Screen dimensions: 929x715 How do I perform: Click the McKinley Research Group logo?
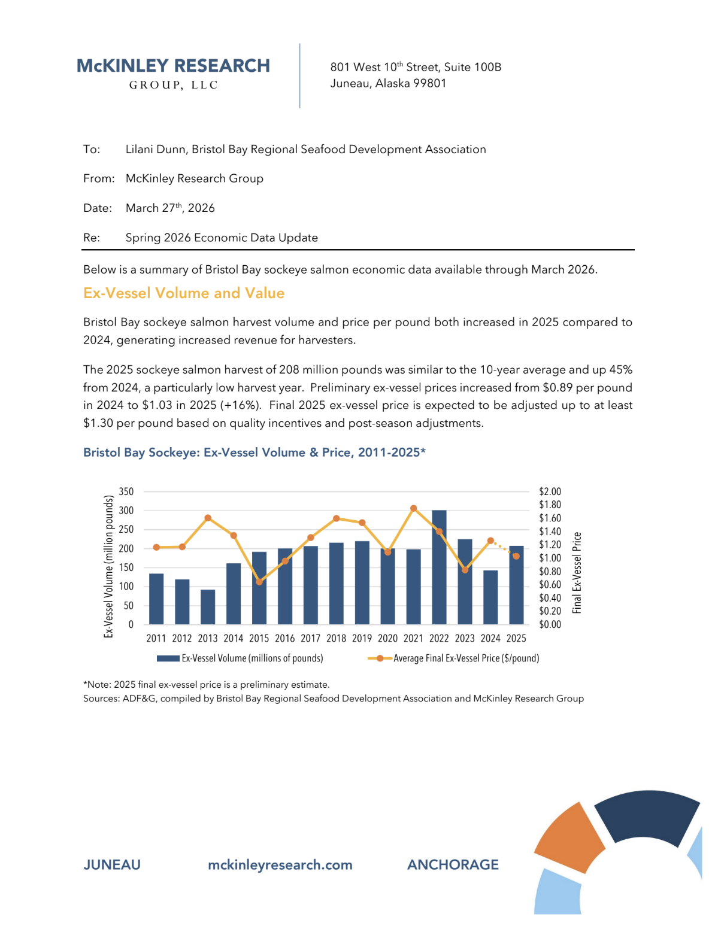pos(173,73)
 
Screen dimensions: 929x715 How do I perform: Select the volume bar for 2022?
pos(439,567)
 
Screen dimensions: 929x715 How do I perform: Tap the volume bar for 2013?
pos(208,607)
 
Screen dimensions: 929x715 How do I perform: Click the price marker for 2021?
pos(414,508)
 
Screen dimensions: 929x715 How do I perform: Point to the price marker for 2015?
pos(259,582)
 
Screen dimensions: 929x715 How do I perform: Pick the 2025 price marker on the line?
pos(516,556)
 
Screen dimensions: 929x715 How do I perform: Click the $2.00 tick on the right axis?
pos(550,491)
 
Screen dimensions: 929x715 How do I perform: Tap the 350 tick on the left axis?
pos(126,491)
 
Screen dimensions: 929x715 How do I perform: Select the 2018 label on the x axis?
pos(336,638)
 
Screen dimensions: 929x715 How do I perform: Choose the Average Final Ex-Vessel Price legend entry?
pos(455,658)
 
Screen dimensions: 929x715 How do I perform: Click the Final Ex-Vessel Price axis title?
pos(577,572)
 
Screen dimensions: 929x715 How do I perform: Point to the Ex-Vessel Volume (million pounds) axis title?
pos(108,566)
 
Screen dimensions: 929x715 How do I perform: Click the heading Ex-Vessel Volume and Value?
pos(184,293)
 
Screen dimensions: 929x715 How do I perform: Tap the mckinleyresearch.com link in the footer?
pos(280,864)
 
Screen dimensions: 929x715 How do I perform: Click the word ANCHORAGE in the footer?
pos(453,864)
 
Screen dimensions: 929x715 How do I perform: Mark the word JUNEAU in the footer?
pos(112,864)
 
